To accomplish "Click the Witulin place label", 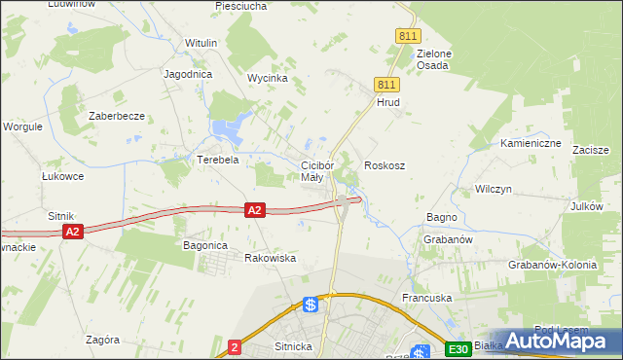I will (201, 44).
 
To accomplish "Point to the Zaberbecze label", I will (117, 116).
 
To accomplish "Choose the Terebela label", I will (218, 160).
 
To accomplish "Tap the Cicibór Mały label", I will (318, 171).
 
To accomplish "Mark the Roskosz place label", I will (385, 165).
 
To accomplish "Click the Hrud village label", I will (388, 101).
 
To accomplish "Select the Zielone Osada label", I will (432, 59).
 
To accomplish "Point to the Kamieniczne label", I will (531, 143).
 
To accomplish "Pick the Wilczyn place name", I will (493, 189).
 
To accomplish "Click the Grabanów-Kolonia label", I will (552, 265).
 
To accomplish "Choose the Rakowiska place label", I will (270, 258).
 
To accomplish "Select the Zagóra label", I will (102, 340).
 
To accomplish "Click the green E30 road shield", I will (458, 349).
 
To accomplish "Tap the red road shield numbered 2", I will (234, 345).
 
